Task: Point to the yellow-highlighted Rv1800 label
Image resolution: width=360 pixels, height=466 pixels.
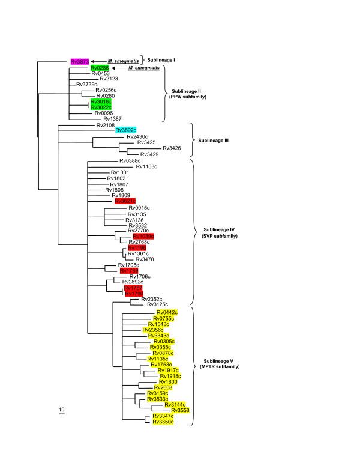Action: click(167, 382)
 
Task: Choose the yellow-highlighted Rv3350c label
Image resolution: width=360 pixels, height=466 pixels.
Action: click(163, 422)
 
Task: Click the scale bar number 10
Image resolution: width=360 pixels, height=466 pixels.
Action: click(61, 410)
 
